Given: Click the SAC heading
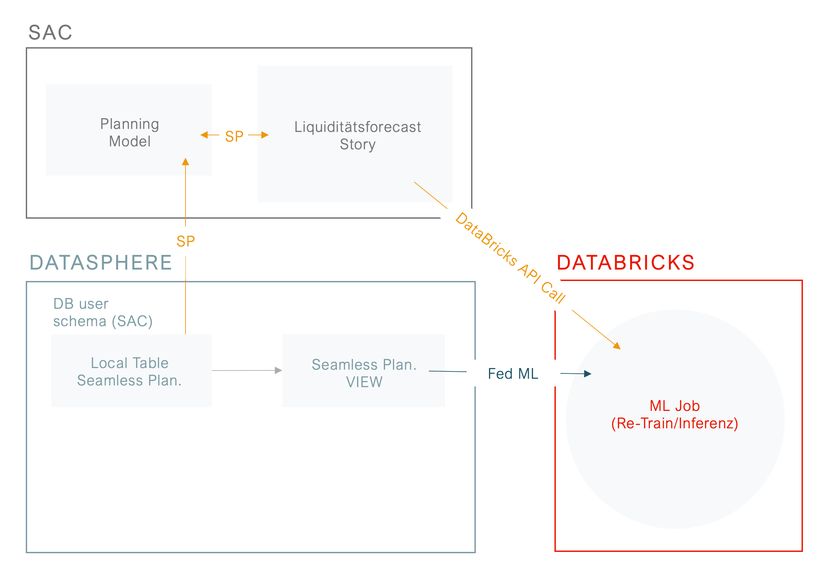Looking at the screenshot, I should [x=51, y=32].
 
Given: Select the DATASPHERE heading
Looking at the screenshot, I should [x=100, y=262].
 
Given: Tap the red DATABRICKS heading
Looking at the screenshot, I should [x=625, y=262].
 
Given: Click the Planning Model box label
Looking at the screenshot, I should [x=130, y=133].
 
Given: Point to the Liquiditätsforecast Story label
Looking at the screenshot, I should [x=357, y=135].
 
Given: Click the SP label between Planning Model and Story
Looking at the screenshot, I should [x=234, y=136].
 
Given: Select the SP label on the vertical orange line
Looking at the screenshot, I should [x=185, y=241].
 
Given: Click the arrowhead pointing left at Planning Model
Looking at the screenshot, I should [x=204, y=135].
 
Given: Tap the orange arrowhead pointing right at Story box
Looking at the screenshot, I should [x=265, y=135].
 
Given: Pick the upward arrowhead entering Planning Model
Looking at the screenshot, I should [x=185, y=162].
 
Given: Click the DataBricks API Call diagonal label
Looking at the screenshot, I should [x=510, y=258].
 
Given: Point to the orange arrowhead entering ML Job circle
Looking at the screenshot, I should [x=617, y=346].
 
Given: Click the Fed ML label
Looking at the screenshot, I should [x=513, y=373].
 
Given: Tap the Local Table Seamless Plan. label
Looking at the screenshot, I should [x=130, y=371].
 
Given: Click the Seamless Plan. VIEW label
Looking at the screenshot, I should [x=364, y=373].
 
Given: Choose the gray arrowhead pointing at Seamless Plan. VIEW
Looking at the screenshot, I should [x=278, y=370].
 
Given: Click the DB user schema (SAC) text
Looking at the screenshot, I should [x=103, y=312].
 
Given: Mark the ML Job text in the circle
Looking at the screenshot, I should [x=675, y=406].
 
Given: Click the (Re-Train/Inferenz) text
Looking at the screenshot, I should [x=675, y=423].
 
